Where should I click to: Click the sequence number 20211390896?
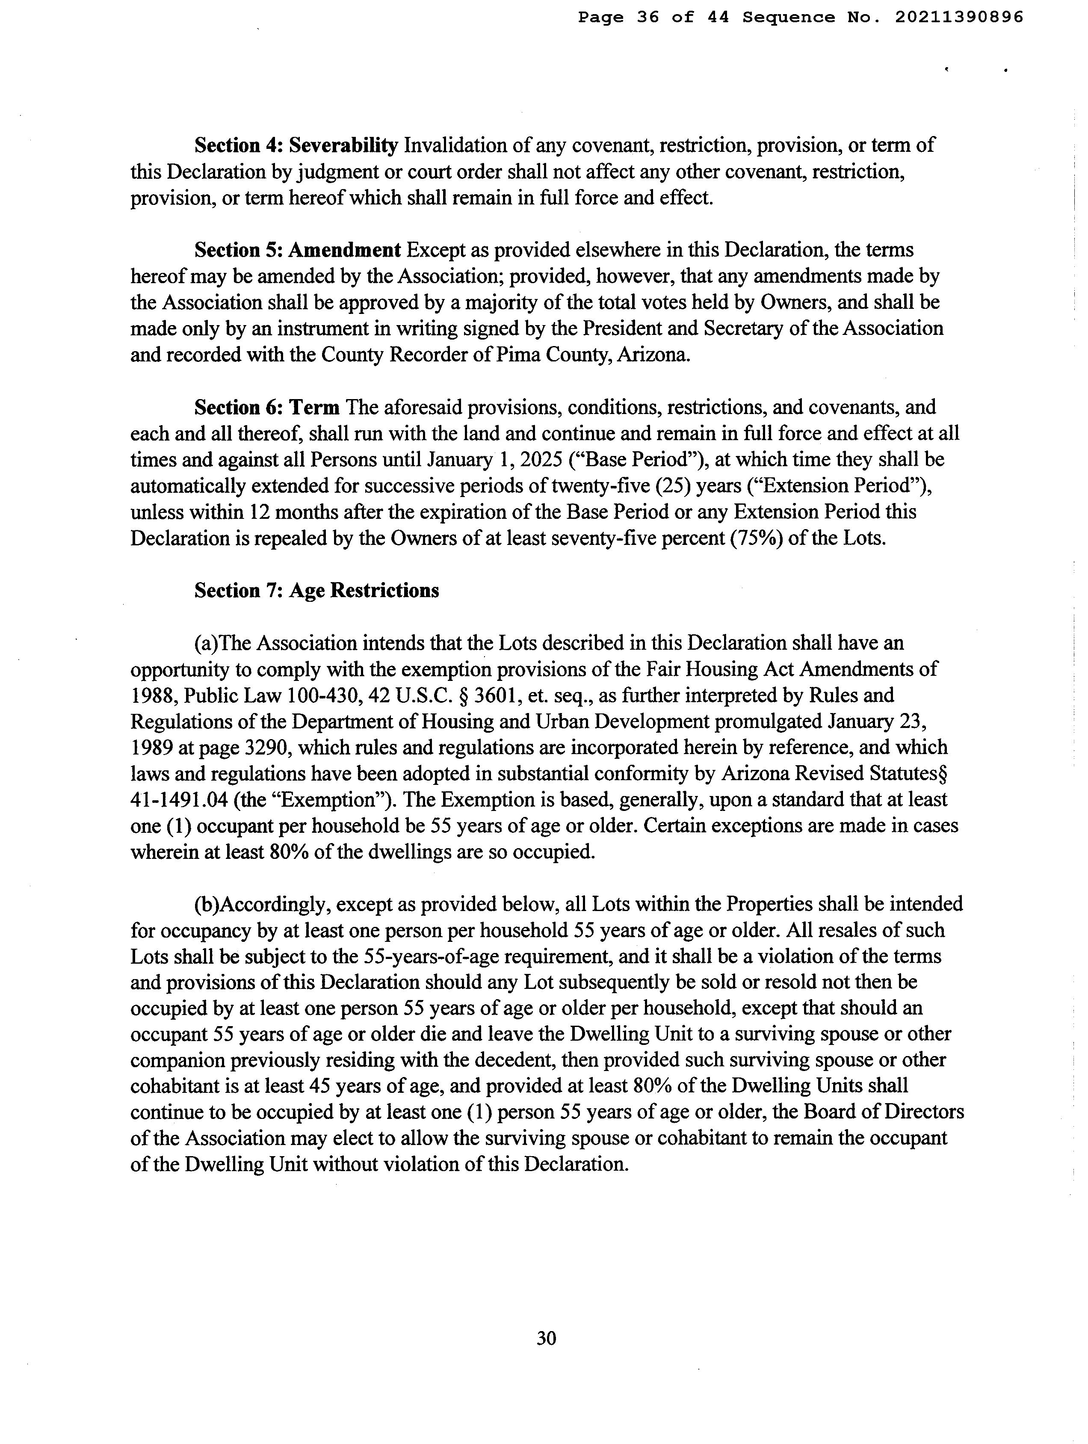pyautogui.click(x=958, y=18)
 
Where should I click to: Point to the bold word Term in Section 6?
pyautogui.click(x=314, y=407)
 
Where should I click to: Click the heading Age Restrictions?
pyautogui.click(x=364, y=591)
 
